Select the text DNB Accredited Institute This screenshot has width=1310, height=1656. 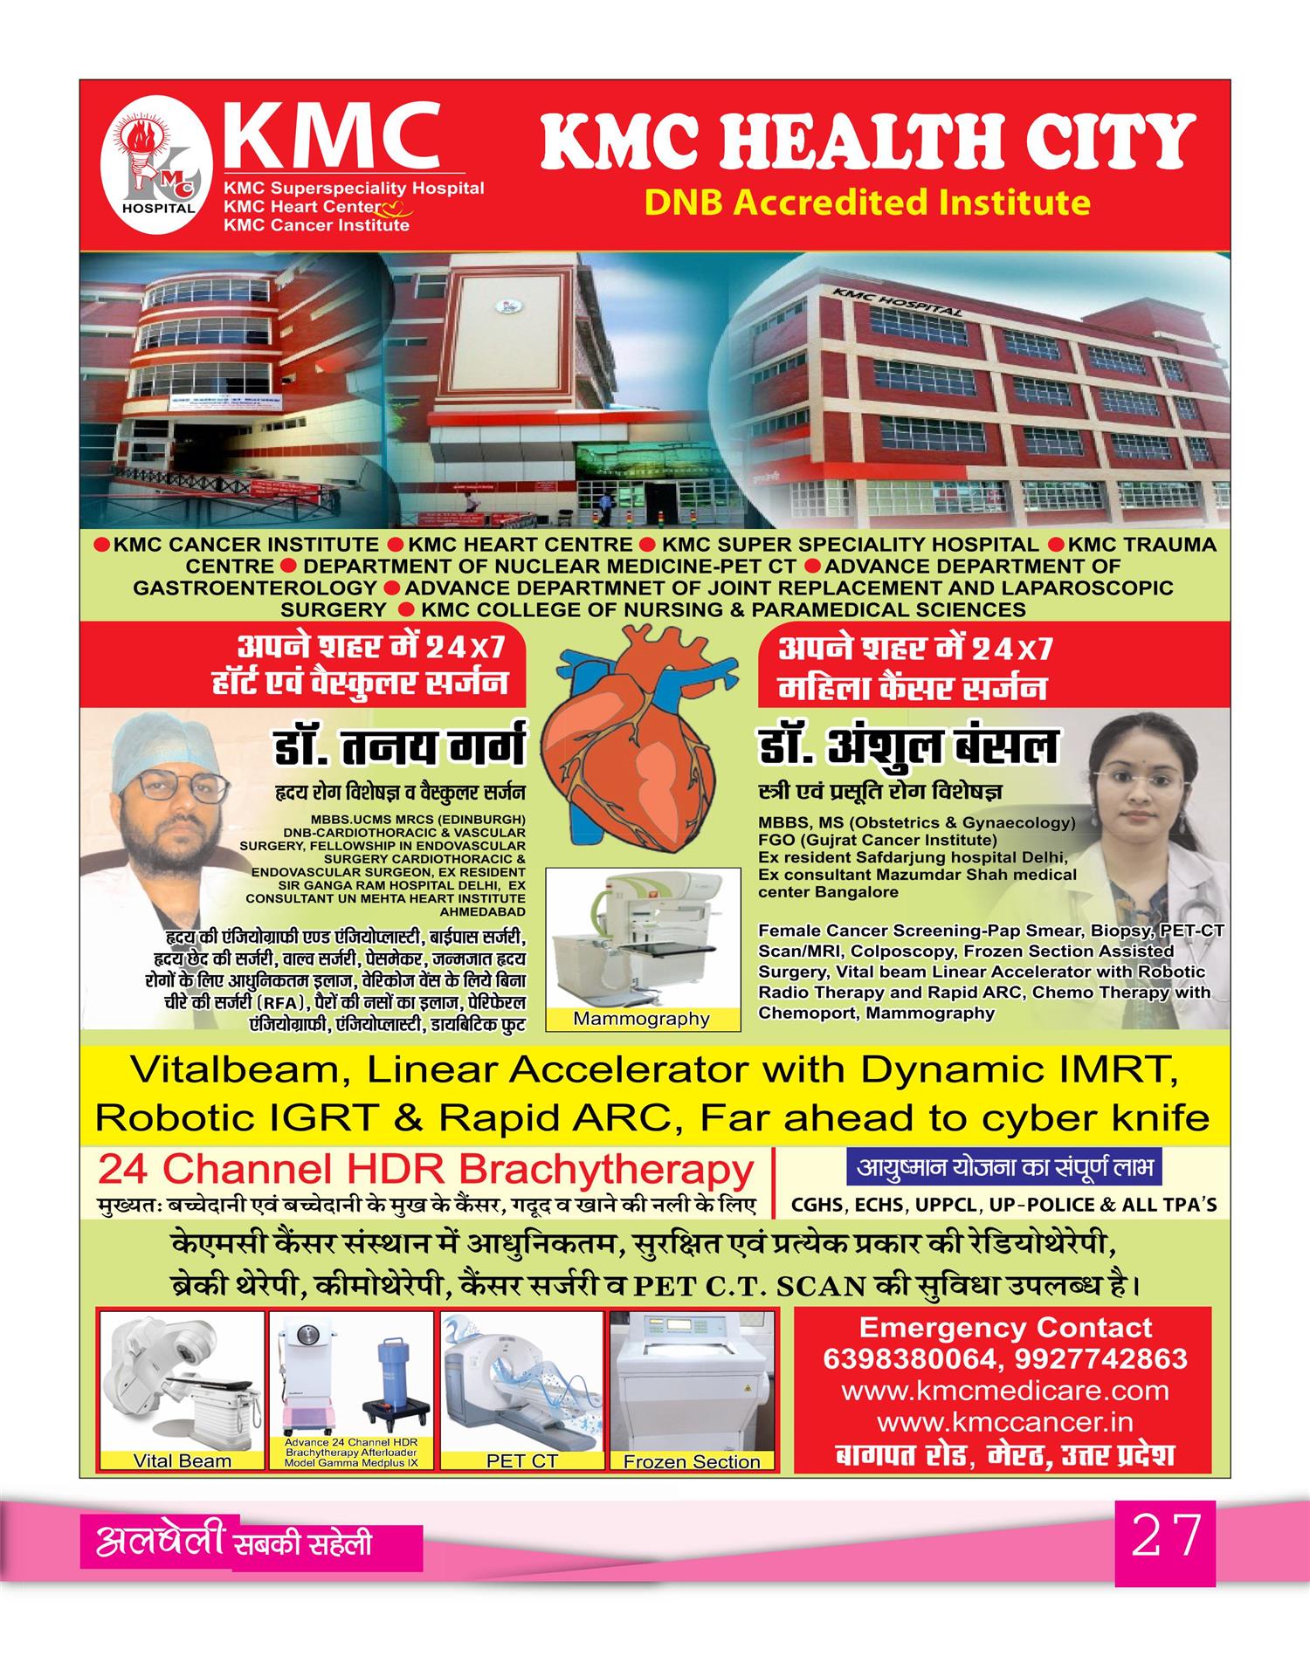(x=866, y=203)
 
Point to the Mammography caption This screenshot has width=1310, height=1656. (x=641, y=1019)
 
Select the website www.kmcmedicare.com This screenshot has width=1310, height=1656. (x=1004, y=1391)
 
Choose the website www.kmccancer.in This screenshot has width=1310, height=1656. (x=1004, y=1422)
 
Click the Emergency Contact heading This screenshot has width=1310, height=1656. (x=1005, y=1328)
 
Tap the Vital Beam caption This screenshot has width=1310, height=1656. (x=182, y=1460)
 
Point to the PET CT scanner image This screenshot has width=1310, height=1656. (x=521, y=1382)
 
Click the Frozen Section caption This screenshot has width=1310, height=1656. (x=692, y=1461)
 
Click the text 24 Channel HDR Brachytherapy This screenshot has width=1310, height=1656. (x=425, y=1169)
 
